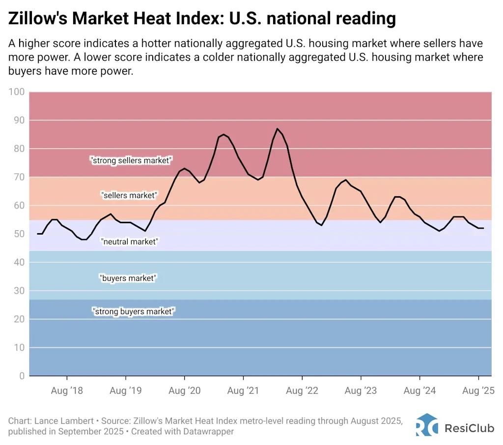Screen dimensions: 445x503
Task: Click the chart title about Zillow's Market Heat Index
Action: pyautogui.click(x=202, y=18)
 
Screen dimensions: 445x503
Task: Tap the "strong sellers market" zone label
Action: pyautogui.click(x=131, y=160)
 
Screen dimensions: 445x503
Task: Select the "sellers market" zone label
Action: pyautogui.click(x=129, y=195)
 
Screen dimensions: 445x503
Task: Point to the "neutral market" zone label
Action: pyautogui.click(x=130, y=241)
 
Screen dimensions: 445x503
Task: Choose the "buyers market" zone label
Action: pyautogui.click(x=128, y=278)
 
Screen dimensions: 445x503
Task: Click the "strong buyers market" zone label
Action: pyautogui.click(x=133, y=311)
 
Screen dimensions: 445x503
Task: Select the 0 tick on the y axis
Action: pyautogui.click(x=21, y=376)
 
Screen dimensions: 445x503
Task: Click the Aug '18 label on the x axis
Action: pyautogui.click(x=66, y=391)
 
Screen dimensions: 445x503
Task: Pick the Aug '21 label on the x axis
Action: pyautogui.click(x=243, y=391)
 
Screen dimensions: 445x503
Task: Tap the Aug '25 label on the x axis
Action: pyautogui.click(x=478, y=391)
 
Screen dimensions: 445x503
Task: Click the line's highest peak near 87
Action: pyautogui.click(x=278, y=129)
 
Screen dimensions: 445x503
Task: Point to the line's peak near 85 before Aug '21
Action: pyautogui.click(x=224, y=134)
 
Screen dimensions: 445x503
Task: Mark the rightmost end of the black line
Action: pyautogui.click(x=484, y=228)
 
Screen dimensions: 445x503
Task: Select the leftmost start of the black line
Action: pyautogui.click(x=37, y=234)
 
